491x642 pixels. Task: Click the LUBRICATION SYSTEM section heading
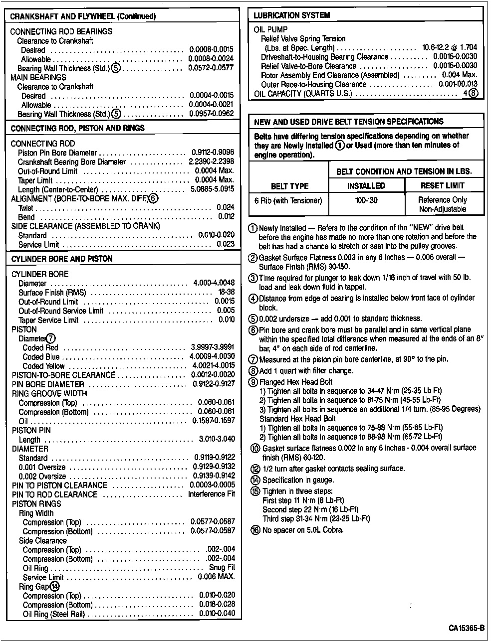(291, 15)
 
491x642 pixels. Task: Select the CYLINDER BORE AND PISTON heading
(62, 259)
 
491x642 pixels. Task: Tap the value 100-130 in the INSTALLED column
(366, 200)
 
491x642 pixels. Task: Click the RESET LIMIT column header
(442, 186)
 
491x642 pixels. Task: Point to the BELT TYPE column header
(289, 186)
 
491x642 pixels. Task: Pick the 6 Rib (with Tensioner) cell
(288, 200)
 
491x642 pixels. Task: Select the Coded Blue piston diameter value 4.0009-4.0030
(212, 357)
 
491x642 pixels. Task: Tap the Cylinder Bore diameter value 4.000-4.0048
(214, 283)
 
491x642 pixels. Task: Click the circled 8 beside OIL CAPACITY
(474, 93)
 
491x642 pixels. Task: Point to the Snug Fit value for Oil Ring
(222, 568)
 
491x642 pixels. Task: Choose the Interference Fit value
(211, 494)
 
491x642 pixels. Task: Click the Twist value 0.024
(226, 207)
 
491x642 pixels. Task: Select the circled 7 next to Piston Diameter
(51, 339)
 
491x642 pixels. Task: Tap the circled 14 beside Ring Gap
(54, 587)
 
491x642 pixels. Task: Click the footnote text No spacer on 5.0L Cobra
(303, 530)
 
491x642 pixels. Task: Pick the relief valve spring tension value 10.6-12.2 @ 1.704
(450, 48)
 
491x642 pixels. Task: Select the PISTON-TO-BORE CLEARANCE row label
(63, 375)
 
